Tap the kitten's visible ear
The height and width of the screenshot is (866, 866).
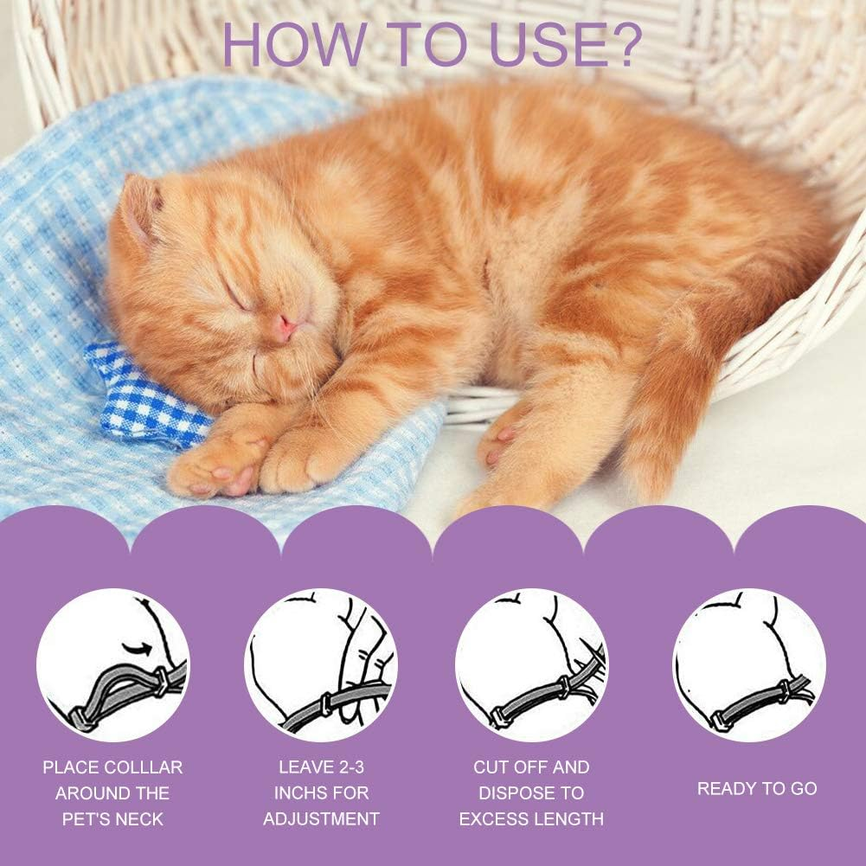tap(141, 208)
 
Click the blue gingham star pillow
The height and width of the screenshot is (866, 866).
tap(143, 394)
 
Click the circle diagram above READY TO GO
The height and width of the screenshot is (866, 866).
tap(749, 664)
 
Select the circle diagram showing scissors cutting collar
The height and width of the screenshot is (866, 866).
tap(531, 664)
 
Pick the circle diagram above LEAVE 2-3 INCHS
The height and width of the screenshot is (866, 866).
tap(321, 664)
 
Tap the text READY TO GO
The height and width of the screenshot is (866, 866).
tap(757, 788)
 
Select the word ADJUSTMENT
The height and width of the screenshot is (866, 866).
tap(321, 818)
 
